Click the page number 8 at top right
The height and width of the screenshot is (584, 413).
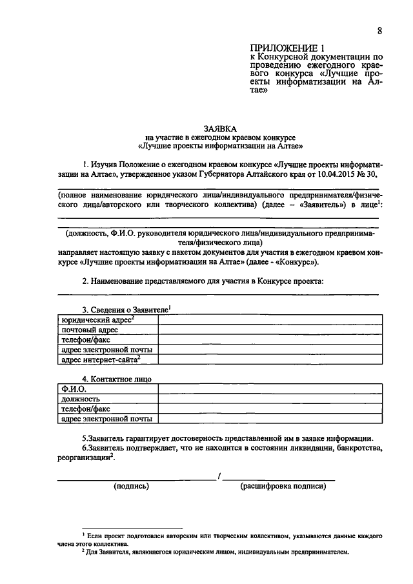point(380,31)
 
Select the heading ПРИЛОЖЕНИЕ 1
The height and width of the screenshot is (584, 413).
point(285,48)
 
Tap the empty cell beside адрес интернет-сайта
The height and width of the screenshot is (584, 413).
point(268,359)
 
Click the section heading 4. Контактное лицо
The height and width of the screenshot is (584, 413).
point(117,379)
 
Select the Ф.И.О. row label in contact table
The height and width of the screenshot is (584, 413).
point(74,389)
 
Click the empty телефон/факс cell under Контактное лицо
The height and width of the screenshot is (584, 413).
point(268,408)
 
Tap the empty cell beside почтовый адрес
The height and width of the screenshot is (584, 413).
point(268,330)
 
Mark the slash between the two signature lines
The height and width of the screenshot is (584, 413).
point(219,476)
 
